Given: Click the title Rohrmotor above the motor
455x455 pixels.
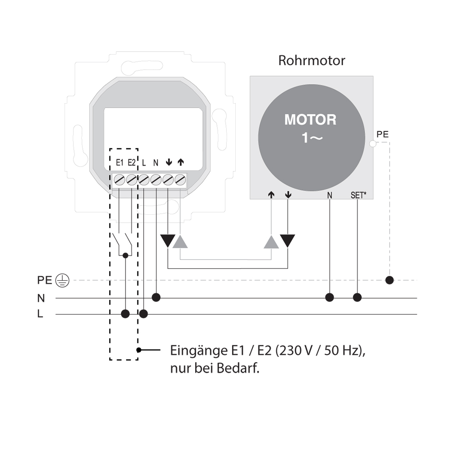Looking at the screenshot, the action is (x=312, y=61).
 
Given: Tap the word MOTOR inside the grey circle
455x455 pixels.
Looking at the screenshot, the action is (x=310, y=120).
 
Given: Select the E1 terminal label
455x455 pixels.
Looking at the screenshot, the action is (x=120, y=162).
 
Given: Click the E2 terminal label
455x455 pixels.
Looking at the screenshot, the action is (x=132, y=162).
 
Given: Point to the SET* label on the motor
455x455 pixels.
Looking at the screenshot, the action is (x=359, y=195).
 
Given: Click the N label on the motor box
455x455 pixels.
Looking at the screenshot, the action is (x=329, y=196).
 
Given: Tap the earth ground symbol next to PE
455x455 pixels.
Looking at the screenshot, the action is (x=62, y=281).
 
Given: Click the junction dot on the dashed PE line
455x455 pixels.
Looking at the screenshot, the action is (x=389, y=280).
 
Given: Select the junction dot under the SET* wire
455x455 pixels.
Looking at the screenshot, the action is (x=357, y=298).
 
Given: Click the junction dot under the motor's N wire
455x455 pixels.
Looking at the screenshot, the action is (x=329, y=298).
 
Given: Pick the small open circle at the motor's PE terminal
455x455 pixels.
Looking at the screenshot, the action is (x=373, y=143).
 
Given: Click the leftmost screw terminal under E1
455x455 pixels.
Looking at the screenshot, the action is (x=120, y=180).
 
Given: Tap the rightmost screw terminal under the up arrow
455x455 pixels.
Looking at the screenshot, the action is (x=180, y=180).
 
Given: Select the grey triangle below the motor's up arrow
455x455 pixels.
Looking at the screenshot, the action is (x=271, y=242).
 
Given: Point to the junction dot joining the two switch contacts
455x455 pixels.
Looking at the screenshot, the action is (x=126, y=255).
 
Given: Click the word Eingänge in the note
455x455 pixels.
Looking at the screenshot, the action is (x=199, y=351).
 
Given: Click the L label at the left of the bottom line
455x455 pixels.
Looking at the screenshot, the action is (x=40, y=313).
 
